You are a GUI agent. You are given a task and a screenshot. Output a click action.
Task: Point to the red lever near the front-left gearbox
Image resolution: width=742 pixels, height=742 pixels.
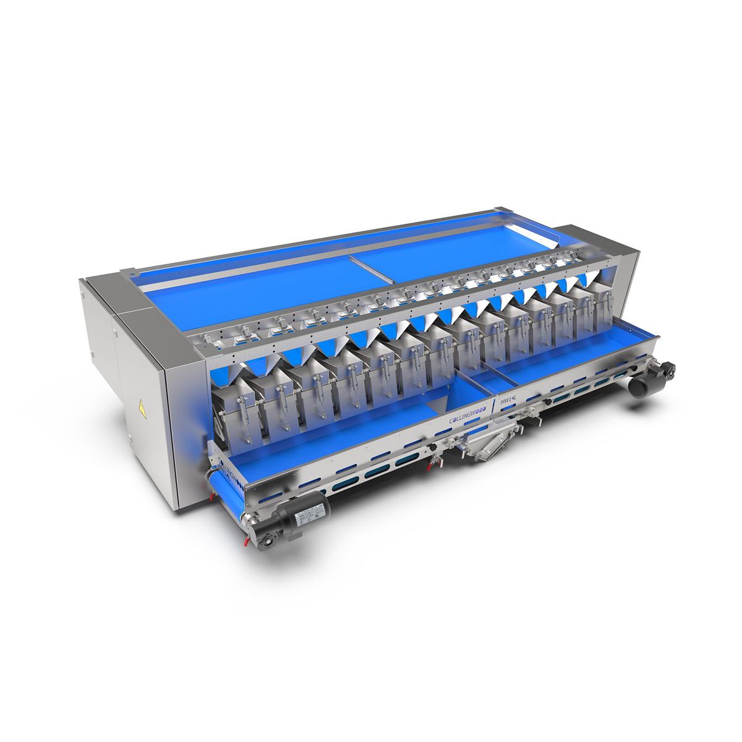pos(245,542)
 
